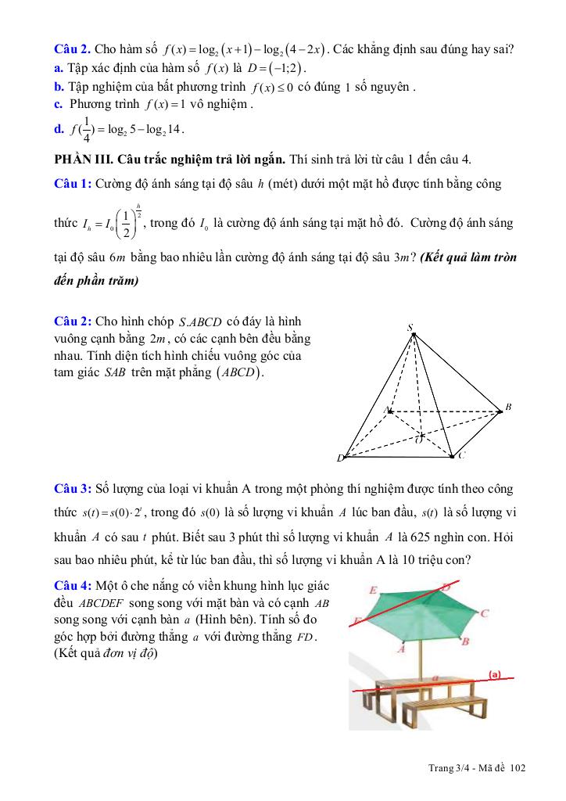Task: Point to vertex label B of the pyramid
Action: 507,408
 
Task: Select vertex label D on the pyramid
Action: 340,458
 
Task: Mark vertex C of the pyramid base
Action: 453,455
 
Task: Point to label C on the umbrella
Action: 485,614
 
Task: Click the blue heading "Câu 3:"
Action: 73,490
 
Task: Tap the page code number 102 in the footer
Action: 518,767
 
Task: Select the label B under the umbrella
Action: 466,641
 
